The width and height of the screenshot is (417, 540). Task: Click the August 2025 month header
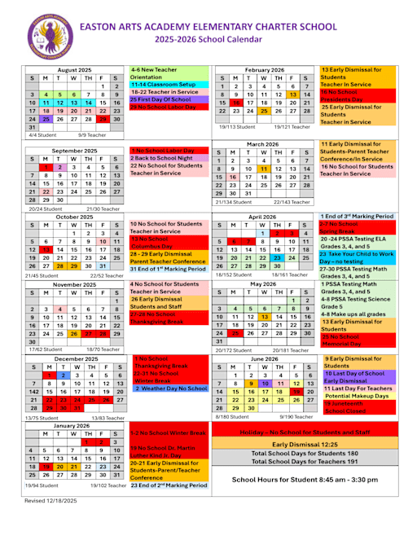pos(74,71)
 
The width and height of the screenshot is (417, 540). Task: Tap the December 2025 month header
pos(74,358)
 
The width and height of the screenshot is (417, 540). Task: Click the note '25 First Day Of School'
pos(160,98)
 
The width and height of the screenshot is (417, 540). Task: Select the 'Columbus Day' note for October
pos(156,245)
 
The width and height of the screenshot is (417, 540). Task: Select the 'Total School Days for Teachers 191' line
pos(316,462)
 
